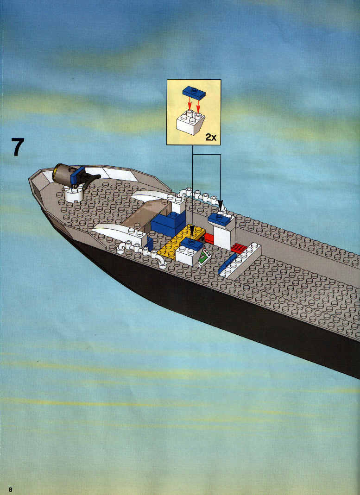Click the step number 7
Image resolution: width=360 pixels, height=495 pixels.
point(18,147)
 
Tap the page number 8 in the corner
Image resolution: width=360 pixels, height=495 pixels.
point(10,489)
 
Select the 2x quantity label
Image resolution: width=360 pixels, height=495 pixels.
point(211,137)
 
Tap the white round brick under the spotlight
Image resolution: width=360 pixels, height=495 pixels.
point(74,193)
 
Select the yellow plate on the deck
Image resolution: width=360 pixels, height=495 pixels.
point(180,242)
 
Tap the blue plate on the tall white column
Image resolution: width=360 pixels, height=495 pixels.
point(220,219)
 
